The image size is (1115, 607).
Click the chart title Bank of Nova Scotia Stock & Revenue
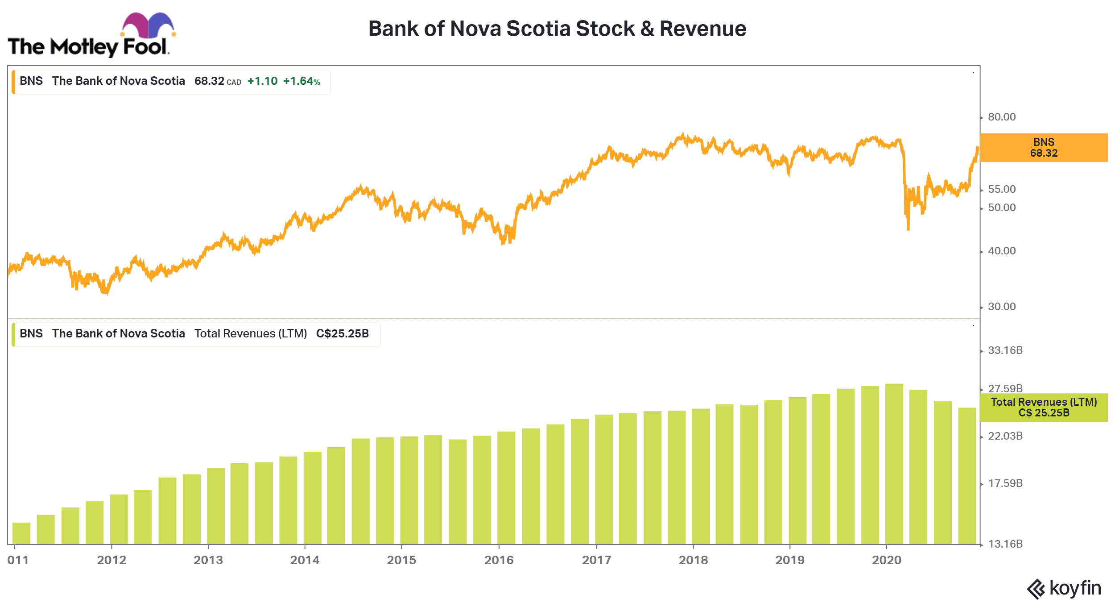coord(557,29)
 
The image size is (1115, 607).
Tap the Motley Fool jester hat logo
coord(148,25)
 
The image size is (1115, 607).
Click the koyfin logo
coord(1064,588)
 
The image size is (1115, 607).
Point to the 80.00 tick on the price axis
coord(1001,117)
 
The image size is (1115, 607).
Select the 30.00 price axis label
coord(1001,307)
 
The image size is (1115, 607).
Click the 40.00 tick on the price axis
coord(1001,251)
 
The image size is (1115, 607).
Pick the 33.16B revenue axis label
coord(1005,350)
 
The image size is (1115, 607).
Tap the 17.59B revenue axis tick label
coord(1005,483)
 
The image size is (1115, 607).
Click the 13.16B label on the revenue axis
coord(1005,544)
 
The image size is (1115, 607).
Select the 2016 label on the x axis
coord(499,560)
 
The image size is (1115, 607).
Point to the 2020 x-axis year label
coord(886,560)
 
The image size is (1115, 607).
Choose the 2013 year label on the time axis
coord(208,560)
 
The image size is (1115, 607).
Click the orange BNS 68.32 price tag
coord(1043,148)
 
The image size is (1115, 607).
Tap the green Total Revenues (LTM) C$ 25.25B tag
coord(1043,407)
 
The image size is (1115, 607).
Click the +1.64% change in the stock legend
coord(301,81)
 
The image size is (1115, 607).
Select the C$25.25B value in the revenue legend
coord(342,334)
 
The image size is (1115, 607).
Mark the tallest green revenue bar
coord(894,464)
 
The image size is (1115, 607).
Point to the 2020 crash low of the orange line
coord(908,229)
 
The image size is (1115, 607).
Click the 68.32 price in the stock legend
coord(209,81)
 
